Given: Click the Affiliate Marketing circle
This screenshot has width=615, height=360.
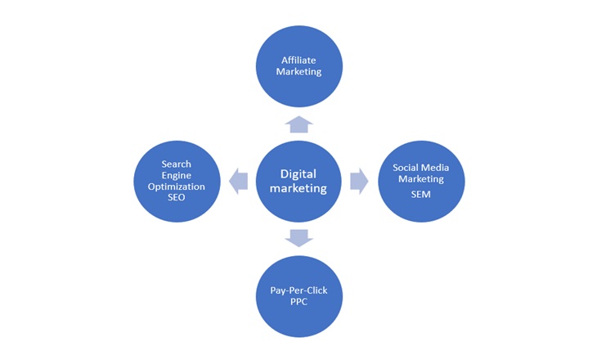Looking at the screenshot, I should pyautogui.click(x=299, y=65).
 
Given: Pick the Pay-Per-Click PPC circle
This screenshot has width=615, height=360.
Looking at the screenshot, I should pyautogui.click(x=299, y=296).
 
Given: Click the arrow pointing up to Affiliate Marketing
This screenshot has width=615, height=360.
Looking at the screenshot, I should pyautogui.click(x=299, y=124).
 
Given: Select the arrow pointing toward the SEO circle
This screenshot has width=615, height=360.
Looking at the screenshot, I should pyautogui.click(x=238, y=181).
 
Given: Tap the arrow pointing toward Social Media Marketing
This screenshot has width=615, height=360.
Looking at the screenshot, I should pyautogui.click(x=359, y=181).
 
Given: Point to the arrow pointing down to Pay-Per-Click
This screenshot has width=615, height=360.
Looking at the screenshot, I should pyautogui.click(x=299, y=237).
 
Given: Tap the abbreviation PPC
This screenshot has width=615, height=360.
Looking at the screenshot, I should pyautogui.click(x=299, y=304).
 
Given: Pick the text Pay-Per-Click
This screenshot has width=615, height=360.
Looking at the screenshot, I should pyautogui.click(x=299, y=291).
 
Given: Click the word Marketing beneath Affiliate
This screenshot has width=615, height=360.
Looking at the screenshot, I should pyautogui.click(x=299, y=71).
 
